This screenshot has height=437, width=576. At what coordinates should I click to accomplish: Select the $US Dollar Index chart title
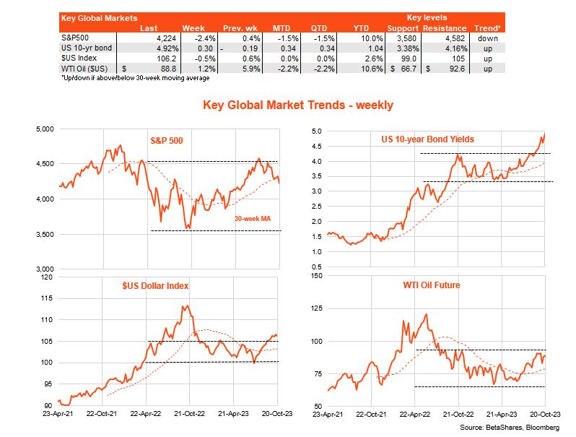pyautogui.click(x=154, y=285)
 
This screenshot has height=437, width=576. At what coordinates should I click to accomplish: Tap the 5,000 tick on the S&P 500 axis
pyautogui.click(x=45, y=129)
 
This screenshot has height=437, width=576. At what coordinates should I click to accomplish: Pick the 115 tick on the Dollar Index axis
pyautogui.click(x=48, y=298)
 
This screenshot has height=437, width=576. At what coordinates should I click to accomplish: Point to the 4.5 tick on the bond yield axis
pyautogui.click(x=316, y=147)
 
